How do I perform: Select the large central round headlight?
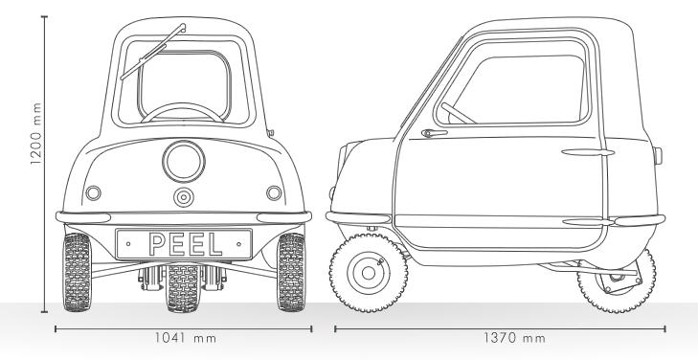pyautogui.click(x=182, y=162)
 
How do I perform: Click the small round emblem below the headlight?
pyautogui.click(x=183, y=197)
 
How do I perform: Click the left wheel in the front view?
pyautogui.click(x=76, y=272)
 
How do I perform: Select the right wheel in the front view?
pyautogui.click(x=290, y=272)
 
